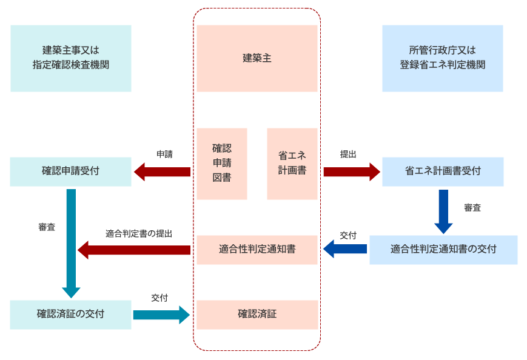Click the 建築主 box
(x=257, y=58)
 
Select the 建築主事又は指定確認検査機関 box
(x=71, y=58)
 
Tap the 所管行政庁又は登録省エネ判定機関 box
(x=442, y=58)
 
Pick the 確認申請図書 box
(x=221, y=163)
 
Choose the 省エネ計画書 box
(x=292, y=163)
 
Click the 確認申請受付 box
(x=71, y=172)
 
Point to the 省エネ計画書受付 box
(x=442, y=172)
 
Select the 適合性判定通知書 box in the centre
(x=257, y=249)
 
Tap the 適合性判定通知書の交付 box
(x=443, y=249)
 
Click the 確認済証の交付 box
(x=71, y=315)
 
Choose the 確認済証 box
(x=257, y=315)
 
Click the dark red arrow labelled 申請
(x=162, y=172)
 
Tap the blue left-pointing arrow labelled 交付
(x=344, y=248)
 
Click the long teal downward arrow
(x=71, y=242)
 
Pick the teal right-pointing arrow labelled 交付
(x=161, y=315)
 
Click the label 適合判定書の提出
(x=139, y=233)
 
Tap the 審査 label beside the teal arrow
(x=47, y=227)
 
